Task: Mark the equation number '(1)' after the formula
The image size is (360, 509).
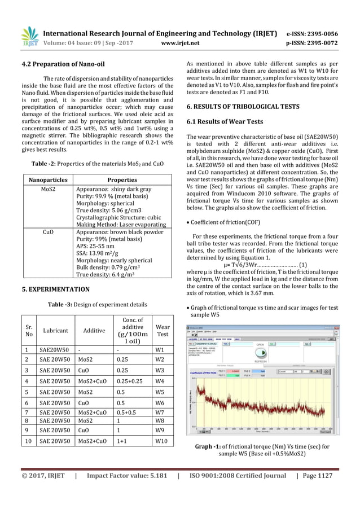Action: point(303,265)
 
